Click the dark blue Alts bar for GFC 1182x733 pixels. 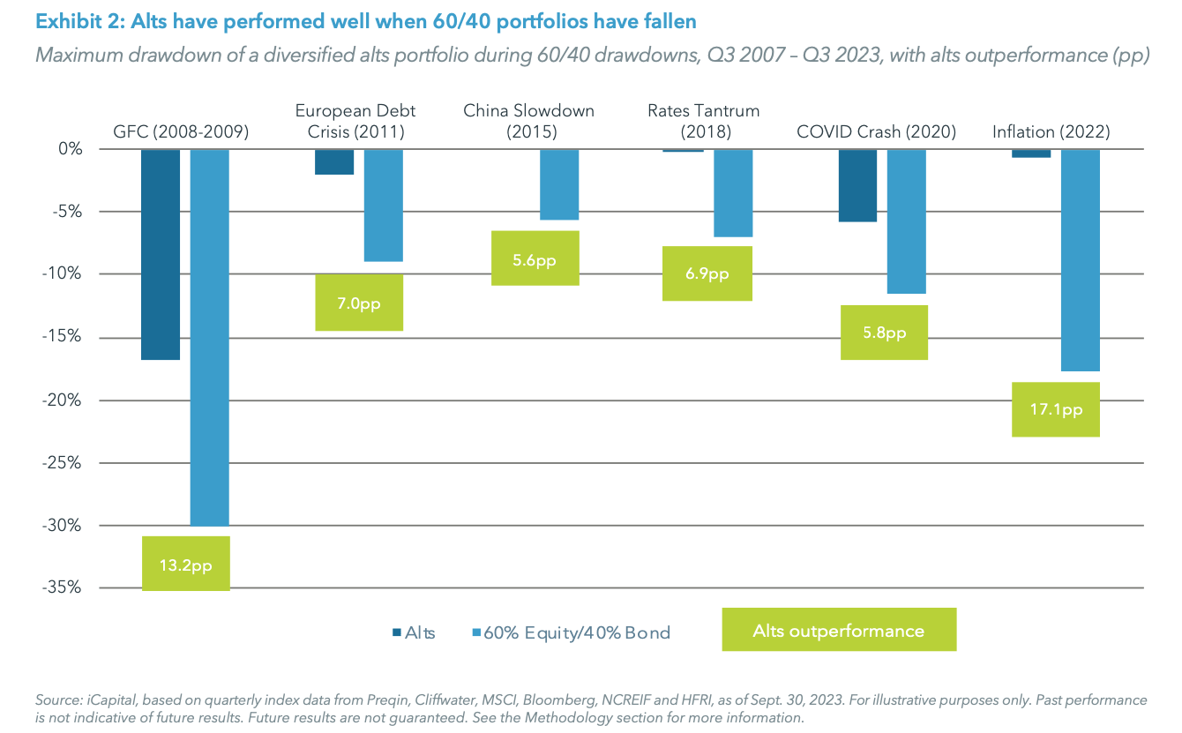tap(161, 254)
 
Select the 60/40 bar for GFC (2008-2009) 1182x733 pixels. tap(210, 337)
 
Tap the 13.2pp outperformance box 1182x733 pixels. tap(185, 564)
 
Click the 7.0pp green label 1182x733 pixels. tap(359, 303)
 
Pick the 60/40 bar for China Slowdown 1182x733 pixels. tap(559, 184)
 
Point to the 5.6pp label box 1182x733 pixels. tap(535, 258)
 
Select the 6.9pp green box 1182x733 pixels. tap(707, 273)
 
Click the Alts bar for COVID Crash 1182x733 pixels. tap(857, 185)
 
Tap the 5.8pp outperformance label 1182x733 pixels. tap(884, 333)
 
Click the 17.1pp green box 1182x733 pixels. tap(1056, 409)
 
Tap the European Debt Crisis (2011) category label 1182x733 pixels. tap(355, 122)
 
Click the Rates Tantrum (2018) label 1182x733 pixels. tap(703, 122)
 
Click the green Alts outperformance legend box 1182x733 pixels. tap(838, 630)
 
